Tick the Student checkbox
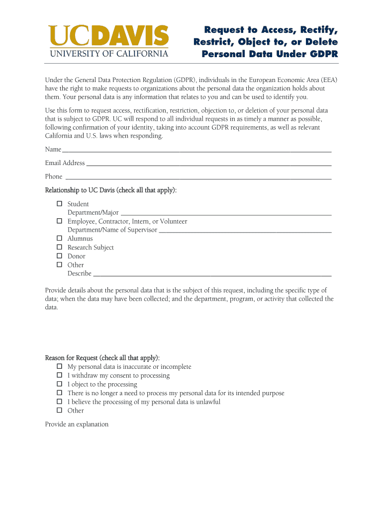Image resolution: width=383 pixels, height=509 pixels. [59, 204]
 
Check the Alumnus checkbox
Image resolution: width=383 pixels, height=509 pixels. [59, 239]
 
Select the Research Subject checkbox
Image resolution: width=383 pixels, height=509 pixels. [59, 247]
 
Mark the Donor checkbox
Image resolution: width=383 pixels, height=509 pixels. [59, 256]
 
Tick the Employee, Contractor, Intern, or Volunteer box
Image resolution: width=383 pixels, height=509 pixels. [59, 221]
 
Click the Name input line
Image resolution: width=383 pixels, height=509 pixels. [196, 150]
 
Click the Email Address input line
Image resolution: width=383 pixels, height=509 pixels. [209, 163]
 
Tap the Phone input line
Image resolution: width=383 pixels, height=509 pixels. [198, 176]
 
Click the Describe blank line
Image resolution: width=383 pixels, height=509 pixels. [212, 273]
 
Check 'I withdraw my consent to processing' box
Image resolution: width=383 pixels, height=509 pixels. [59, 375]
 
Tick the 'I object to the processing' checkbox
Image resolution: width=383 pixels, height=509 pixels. [59, 384]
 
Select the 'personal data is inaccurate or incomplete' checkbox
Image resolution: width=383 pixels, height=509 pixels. [59, 367]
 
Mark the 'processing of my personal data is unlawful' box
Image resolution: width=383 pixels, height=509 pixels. [59, 402]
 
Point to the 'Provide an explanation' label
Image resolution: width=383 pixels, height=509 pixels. [77, 424]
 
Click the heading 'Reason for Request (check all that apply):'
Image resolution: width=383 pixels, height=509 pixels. [102, 358]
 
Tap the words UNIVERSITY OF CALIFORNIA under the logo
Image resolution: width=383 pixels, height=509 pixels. [108, 53]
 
